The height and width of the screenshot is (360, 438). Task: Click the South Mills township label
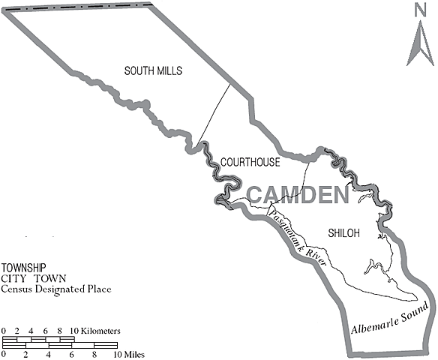153,70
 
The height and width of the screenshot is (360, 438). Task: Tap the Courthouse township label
250,162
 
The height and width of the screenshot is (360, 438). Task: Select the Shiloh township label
344,233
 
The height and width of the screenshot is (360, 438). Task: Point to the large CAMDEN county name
298,196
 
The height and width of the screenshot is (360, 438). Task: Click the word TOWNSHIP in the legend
23,268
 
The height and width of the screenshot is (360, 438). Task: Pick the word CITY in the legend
12,277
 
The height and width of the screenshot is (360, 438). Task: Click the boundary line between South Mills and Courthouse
214,112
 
